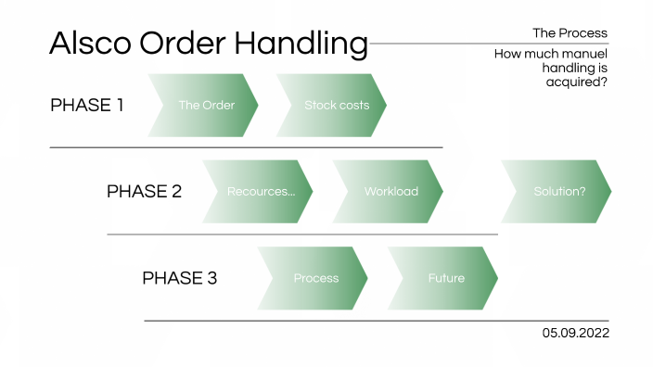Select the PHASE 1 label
(x=87, y=105)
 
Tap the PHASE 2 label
(x=144, y=192)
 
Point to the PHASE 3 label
(x=179, y=278)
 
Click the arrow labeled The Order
(x=205, y=106)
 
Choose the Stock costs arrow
(x=333, y=106)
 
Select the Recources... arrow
(x=259, y=192)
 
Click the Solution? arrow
(x=557, y=192)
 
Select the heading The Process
(x=570, y=32)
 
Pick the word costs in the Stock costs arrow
(x=353, y=106)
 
